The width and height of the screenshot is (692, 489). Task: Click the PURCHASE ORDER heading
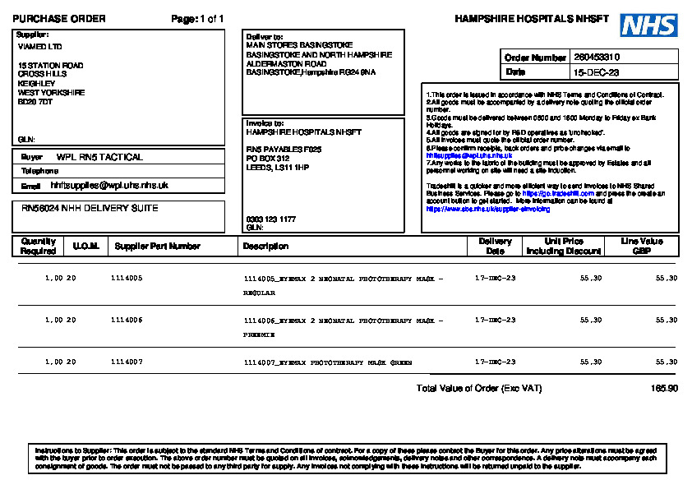[59, 19]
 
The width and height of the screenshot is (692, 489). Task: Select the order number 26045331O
[597, 58]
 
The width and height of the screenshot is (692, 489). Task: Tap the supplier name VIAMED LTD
[39, 47]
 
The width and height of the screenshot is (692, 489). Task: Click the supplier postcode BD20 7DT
[35, 102]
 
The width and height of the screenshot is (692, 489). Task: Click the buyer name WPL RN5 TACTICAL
[99, 157]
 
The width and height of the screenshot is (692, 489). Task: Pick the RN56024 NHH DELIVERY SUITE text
[90, 209]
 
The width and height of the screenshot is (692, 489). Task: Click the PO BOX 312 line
[268, 158]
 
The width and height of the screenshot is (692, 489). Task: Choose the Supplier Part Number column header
[158, 247]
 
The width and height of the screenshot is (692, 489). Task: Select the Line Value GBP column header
[641, 246]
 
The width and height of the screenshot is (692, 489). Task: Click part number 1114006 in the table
[127, 320]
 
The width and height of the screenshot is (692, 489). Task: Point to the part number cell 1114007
[127, 362]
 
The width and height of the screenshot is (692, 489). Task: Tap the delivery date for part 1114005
[496, 279]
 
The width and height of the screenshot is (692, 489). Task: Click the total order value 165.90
[664, 388]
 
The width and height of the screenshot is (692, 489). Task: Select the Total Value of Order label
[479, 388]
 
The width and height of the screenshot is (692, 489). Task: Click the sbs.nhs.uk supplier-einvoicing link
[488, 210]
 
